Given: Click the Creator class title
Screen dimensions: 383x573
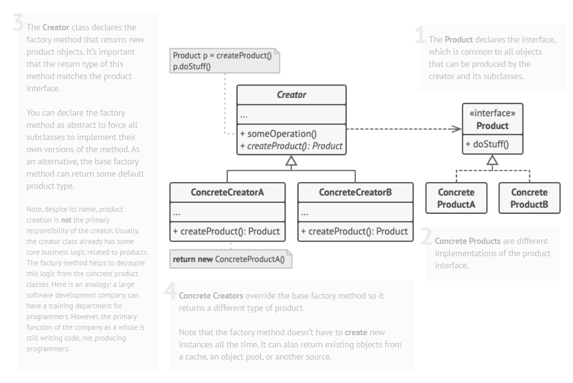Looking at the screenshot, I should click(291, 95).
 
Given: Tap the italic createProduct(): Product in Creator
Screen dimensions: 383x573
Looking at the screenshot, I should click(292, 145).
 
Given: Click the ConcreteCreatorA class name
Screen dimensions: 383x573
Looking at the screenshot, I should click(227, 192).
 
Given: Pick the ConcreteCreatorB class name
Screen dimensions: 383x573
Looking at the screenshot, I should click(355, 192).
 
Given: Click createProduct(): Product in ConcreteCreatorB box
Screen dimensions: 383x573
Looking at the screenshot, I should click(355, 231).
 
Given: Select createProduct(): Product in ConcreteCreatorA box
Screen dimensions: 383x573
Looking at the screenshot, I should click(227, 231).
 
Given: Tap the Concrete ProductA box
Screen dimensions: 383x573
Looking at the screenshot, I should click(456, 199).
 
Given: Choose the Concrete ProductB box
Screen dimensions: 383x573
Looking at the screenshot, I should click(529, 199).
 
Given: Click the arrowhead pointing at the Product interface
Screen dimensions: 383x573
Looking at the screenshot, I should click(456, 129).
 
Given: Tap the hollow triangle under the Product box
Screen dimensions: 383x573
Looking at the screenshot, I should click(493, 160).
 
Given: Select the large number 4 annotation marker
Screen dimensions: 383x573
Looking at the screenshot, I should click(170, 291).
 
